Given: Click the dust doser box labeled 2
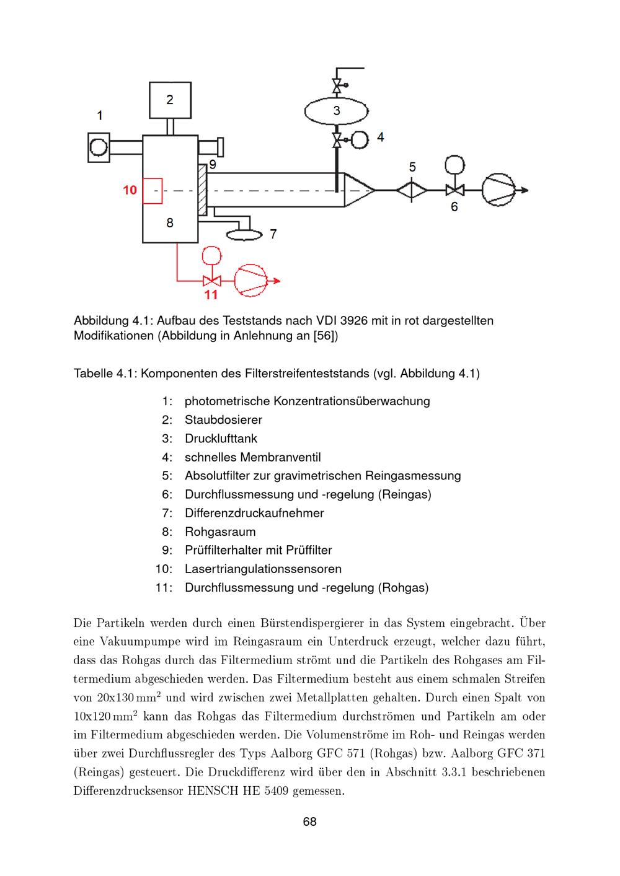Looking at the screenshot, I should (x=170, y=100).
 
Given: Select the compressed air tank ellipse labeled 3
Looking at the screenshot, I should (x=337, y=112).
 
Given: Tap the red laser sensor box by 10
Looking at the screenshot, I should (x=153, y=191).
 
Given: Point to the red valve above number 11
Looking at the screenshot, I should (x=212, y=281).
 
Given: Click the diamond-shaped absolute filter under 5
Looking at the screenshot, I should (x=412, y=190).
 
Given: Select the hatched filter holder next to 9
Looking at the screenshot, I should (x=201, y=190).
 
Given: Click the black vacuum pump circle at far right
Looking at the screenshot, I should (x=498, y=190).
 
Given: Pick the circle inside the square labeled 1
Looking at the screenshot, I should (x=99, y=147).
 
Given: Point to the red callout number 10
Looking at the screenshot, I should (x=130, y=190).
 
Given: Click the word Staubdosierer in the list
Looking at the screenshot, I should (x=223, y=420).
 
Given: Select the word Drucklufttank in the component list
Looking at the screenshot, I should (x=221, y=439).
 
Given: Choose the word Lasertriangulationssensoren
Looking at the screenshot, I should (x=263, y=569).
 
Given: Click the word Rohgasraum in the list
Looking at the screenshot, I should (x=220, y=532).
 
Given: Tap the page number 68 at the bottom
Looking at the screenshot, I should (x=310, y=821).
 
